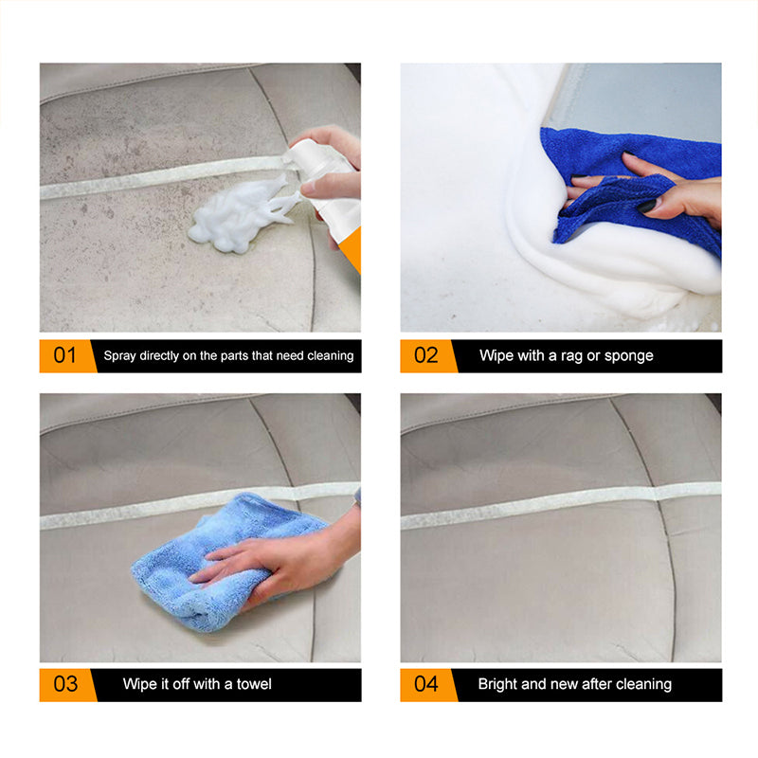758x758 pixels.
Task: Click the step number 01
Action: pyautogui.click(x=64, y=356)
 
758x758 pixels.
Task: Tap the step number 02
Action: pyautogui.click(x=425, y=356)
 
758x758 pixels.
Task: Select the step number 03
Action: pyautogui.click(x=64, y=684)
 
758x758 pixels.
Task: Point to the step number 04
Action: pyautogui.click(x=425, y=684)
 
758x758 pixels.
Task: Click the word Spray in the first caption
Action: pyautogui.click(x=121, y=356)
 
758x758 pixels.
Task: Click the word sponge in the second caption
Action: pyautogui.click(x=630, y=356)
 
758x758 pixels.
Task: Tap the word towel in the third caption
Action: pyautogui.click(x=254, y=684)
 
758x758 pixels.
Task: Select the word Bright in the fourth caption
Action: pyautogui.click(x=498, y=684)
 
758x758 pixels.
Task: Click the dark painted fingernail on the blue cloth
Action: pyautogui.click(x=646, y=206)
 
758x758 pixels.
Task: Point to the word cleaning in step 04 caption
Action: pyautogui.click(x=642, y=684)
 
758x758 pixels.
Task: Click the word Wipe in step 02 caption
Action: pyautogui.click(x=497, y=356)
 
